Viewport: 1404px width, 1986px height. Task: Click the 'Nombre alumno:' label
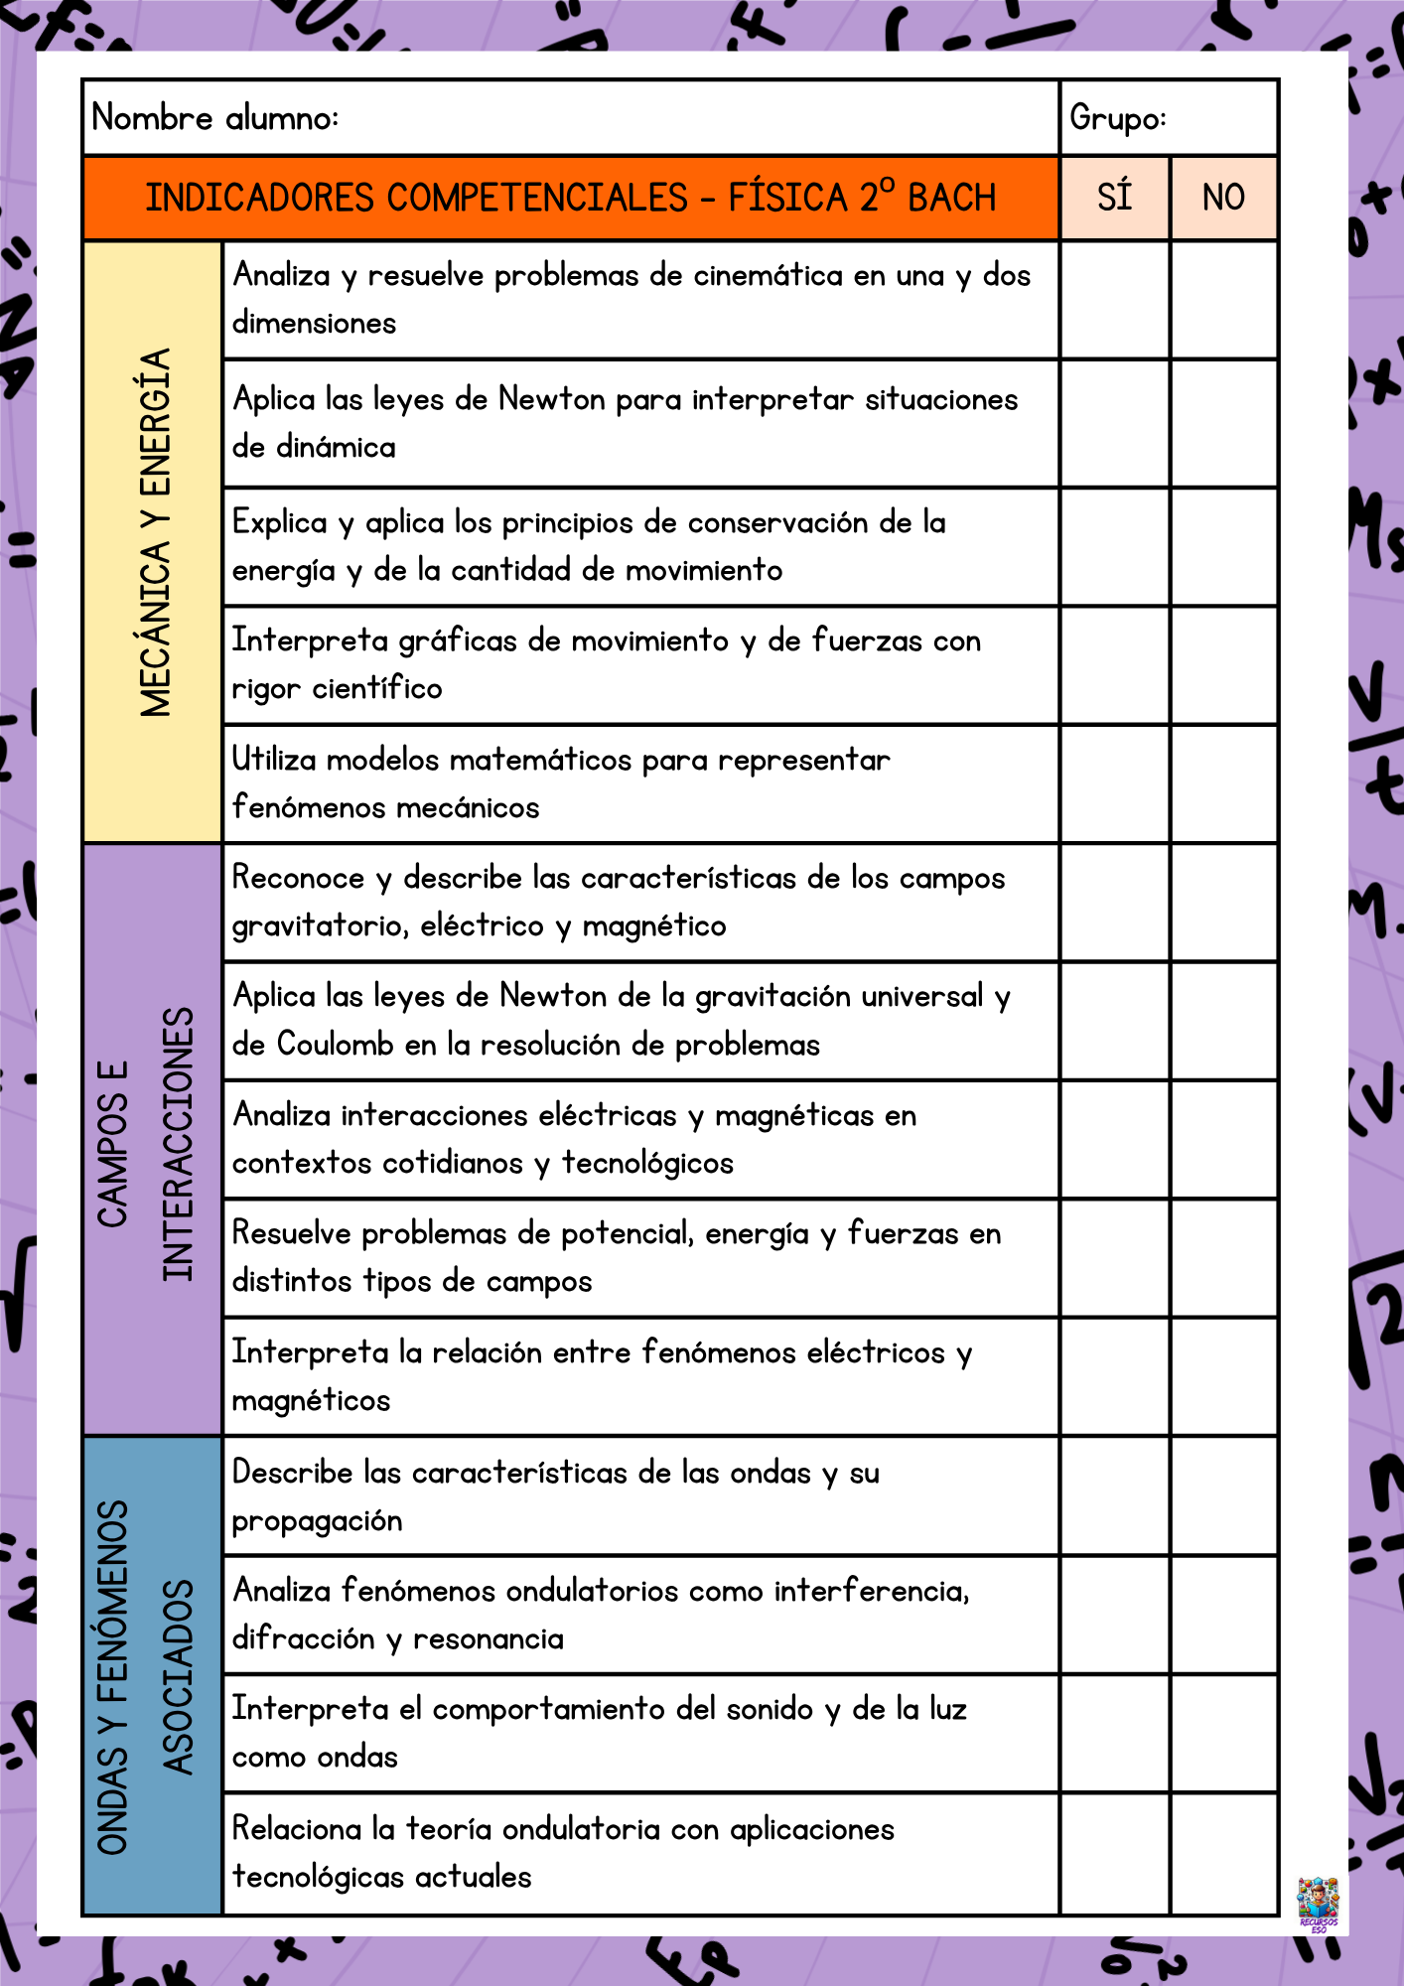pos(214,118)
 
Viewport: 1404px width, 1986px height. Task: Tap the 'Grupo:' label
pos(1117,118)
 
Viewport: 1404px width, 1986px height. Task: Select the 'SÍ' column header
pos(1114,197)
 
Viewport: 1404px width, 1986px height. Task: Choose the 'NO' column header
pos(1223,197)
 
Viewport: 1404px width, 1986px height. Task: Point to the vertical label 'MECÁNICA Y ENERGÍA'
pos(155,532)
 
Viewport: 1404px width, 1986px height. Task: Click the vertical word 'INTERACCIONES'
pos(179,1144)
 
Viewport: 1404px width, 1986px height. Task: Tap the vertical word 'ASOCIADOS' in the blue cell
pos(179,1676)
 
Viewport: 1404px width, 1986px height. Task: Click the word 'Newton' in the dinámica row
pos(551,399)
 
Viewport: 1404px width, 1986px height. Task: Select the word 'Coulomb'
pos(335,1045)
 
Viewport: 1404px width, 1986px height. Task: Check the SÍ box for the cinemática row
pos(1114,300)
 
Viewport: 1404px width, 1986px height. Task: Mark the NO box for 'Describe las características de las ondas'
pos(1223,1495)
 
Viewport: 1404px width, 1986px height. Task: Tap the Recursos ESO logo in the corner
pos(1318,1903)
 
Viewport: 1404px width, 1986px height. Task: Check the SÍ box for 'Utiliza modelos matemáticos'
pos(1114,784)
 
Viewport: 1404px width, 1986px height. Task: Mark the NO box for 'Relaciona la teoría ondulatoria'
pos(1223,1853)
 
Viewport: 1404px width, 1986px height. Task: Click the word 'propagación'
pos(317,1521)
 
